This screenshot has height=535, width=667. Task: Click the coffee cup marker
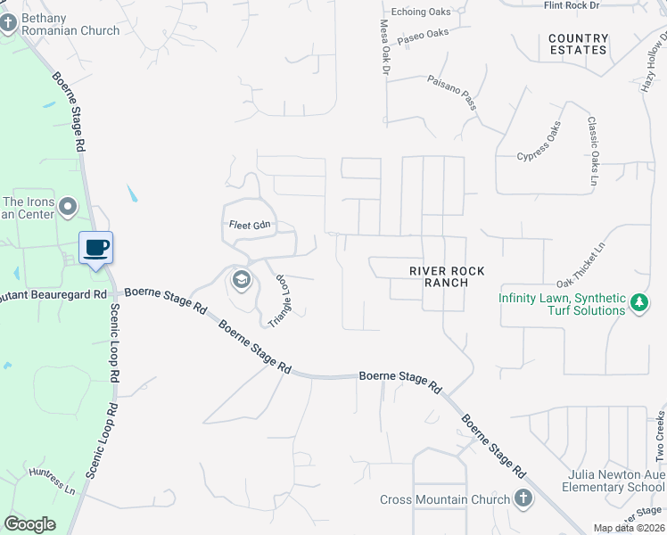coord(96,248)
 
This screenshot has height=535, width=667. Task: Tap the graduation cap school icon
coord(240,280)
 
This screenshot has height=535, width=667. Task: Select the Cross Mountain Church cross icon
coord(523,499)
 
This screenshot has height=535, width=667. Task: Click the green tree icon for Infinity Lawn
coord(638,304)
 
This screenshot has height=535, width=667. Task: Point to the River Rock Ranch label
coord(439,276)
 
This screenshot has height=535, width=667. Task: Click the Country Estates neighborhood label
coord(578,44)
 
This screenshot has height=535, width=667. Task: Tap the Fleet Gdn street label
coord(249,225)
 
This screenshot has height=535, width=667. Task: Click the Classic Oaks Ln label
coord(592,152)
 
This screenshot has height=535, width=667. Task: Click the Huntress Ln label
coord(52,481)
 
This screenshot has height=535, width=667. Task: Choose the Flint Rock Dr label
coord(571,5)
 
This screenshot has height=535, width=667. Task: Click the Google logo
coord(29,524)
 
